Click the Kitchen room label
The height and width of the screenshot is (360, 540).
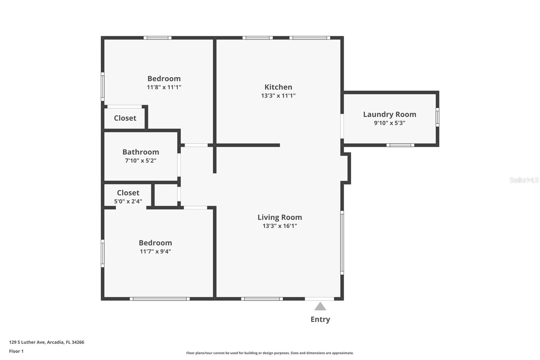pos(278,87)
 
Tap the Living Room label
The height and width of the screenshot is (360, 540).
pos(279,217)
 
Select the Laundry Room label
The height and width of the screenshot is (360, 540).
pos(389,114)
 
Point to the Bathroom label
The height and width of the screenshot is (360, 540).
pos(140,152)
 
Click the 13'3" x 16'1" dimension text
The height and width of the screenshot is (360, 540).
pos(279,226)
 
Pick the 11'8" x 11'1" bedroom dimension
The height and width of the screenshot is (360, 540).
pos(164,87)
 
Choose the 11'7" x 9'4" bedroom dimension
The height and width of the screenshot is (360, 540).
pos(155,251)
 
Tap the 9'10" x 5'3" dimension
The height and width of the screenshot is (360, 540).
pos(389,123)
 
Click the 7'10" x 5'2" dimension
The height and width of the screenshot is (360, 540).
pos(140,160)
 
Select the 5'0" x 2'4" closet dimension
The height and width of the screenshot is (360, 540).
pos(128,201)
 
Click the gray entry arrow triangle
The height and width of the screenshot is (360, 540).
pos(320,307)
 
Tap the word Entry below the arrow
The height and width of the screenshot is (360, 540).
pos(320,319)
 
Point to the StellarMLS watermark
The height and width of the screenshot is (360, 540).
pos(524,180)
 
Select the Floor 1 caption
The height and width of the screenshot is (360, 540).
pos(16,351)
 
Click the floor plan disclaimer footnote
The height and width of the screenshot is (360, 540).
pos(270,353)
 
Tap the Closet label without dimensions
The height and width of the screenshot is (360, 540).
pos(125,118)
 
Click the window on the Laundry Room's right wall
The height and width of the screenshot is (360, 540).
pos(437,117)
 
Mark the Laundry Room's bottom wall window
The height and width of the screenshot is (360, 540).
pos(400,145)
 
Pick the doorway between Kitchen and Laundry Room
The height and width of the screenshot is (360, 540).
pos(342,126)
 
